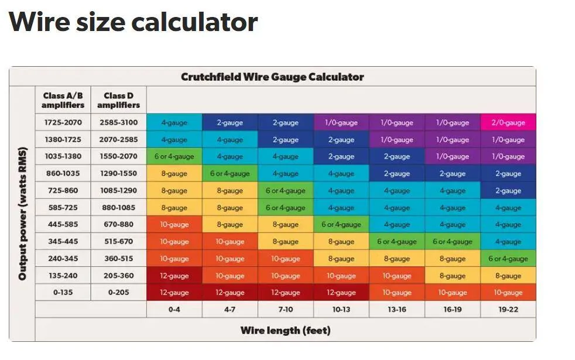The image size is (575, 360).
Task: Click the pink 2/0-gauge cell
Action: (508, 122)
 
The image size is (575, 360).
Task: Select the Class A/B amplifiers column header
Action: (63, 100)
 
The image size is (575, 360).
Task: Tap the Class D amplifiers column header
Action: (118, 100)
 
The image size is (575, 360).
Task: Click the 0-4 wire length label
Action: (174, 310)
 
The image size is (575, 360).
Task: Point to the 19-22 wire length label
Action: (508, 310)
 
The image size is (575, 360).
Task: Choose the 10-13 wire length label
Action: (341, 310)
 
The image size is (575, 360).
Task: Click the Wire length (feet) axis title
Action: (285, 330)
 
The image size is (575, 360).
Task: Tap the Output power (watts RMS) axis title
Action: (22, 214)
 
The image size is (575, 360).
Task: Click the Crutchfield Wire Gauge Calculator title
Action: (272, 77)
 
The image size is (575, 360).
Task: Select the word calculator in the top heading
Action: (194, 22)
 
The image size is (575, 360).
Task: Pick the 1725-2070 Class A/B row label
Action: (63, 122)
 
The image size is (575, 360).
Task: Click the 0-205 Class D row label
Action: (118, 293)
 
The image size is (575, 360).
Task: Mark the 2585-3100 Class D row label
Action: (118, 122)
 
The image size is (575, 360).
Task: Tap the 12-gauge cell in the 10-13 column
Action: (341, 293)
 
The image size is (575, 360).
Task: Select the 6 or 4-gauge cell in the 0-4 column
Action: (174, 156)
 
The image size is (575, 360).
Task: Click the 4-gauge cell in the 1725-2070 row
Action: (174, 122)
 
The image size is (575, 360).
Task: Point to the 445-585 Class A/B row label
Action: (63, 224)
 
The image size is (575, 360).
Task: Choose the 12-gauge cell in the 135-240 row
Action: (174, 276)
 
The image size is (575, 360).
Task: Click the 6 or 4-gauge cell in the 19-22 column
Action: (508, 259)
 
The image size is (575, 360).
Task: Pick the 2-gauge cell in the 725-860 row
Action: (508, 191)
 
